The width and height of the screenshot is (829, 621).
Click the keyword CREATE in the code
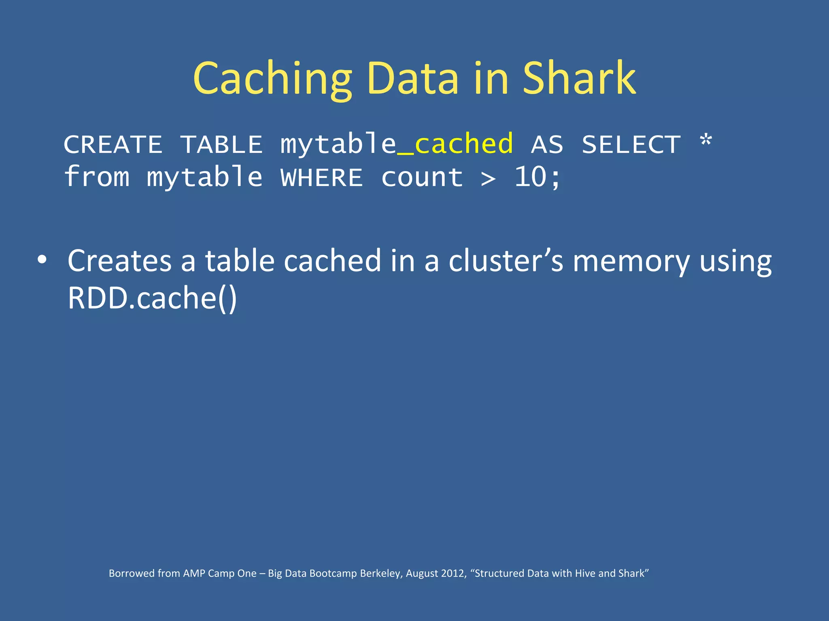tap(113, 145)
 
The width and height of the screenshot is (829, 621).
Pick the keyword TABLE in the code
tap(221, 145)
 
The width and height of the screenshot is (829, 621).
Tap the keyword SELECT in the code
tap(631, 145)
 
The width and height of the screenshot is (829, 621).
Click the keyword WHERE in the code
tap(322, 178)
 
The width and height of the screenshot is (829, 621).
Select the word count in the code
tap(422, 178)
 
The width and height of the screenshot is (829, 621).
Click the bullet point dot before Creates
tap(42, 260)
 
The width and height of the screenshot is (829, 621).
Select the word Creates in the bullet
tap(120, 261)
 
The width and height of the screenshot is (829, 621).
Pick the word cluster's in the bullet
tap(506, 261)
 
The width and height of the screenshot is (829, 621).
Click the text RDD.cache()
tap(152, 298)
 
